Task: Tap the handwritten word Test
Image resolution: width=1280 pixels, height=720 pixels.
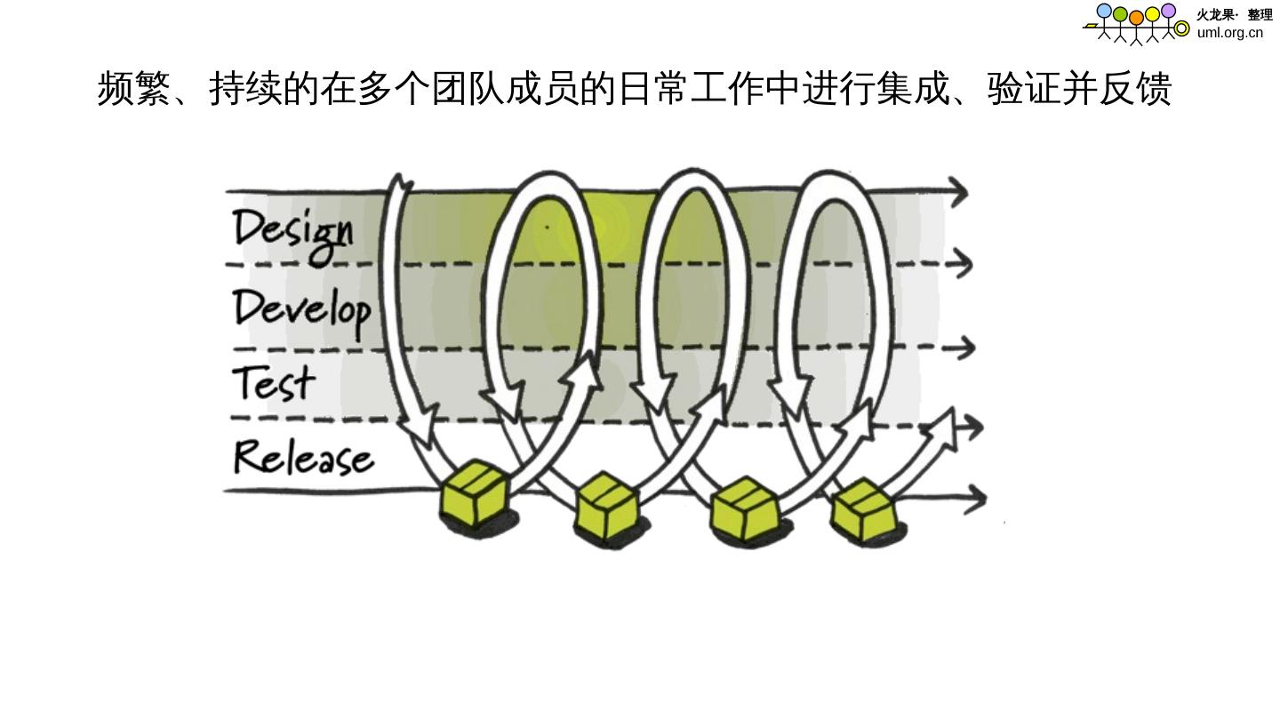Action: pos(274,382)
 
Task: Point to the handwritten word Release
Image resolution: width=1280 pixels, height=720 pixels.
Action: pos(303,457)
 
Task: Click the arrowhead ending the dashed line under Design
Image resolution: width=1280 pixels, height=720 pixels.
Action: pos(961,263)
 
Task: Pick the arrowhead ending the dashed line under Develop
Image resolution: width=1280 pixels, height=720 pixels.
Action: pos(964,348)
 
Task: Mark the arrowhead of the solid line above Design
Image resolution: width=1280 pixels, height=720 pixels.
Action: pos(958,190)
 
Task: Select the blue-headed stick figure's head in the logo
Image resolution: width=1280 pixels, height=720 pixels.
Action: pos(1104,11)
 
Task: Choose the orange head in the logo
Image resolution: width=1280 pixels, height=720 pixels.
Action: pos(1136,17)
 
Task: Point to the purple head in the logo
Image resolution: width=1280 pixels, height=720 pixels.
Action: pos(1168,11)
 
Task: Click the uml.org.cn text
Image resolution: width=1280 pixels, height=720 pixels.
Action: pos(1229,33)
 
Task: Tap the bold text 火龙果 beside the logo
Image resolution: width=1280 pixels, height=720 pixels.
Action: pos(1214,14)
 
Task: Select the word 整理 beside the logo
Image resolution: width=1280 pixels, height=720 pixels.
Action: pos(1260,14)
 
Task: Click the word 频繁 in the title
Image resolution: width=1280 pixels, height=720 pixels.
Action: pos(133,89)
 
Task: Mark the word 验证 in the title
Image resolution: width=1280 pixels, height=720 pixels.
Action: pos(1023,89)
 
